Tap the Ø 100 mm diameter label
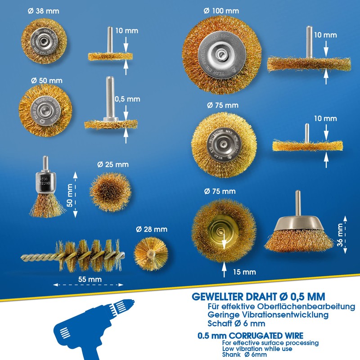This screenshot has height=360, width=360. tap(221, 10)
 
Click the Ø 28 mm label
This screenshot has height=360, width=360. tap(152, 229)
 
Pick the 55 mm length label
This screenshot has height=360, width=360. tap(89, 279)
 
